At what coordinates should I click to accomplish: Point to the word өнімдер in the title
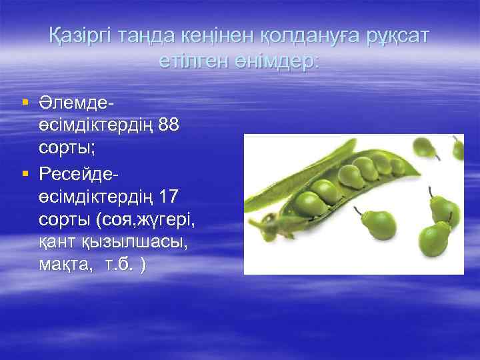tap(283, 62)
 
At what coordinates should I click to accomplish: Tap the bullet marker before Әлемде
tap(25, 103)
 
